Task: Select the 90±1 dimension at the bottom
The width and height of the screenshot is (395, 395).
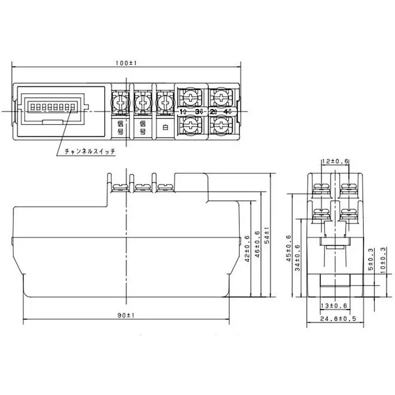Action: pos(126,315)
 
